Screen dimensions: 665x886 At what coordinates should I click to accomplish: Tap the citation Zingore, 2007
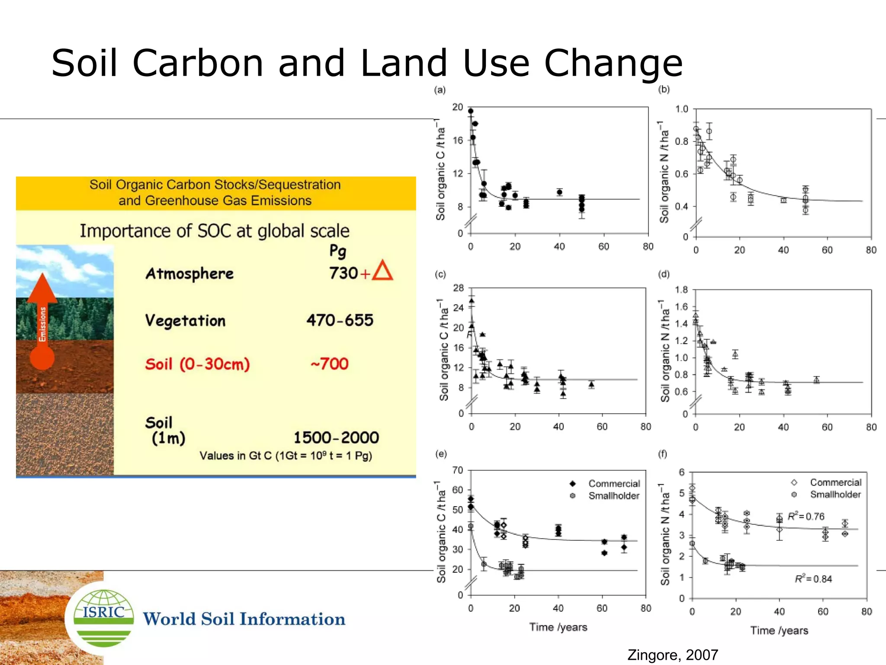673,655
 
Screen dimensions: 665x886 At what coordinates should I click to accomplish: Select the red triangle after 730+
382,271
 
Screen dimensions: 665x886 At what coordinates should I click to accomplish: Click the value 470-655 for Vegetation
340,320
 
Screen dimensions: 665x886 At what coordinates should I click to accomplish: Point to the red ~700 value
330,363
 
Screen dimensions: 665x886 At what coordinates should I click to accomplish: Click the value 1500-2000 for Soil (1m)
336,437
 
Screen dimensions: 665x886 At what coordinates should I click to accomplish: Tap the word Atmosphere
189,273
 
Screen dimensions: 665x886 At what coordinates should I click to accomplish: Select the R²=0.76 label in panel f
806,516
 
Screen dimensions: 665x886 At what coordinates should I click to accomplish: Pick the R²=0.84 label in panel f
813,578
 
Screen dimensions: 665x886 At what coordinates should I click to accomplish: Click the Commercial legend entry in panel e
613,483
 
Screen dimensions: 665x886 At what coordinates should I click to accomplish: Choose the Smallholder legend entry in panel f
835,494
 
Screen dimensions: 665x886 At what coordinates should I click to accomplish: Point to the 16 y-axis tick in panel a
458,140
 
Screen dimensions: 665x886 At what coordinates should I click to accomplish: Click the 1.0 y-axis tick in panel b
681,109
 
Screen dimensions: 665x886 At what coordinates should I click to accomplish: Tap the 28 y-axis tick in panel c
458,288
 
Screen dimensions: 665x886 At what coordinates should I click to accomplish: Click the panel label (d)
664,274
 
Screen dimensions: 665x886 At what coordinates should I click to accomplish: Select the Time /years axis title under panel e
558,627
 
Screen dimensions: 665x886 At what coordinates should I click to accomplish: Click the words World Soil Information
244,619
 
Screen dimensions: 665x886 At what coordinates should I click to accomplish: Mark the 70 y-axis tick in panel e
458,470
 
